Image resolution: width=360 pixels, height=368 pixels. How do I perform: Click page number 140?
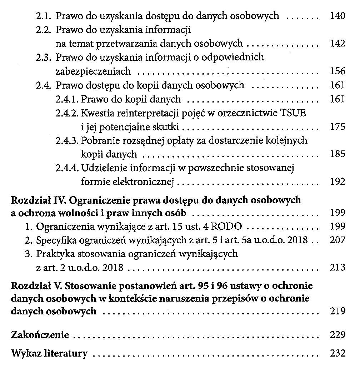point(337,16)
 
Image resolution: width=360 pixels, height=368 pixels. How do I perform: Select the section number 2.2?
point(45,30)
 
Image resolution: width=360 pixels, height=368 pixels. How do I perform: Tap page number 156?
point(337,71)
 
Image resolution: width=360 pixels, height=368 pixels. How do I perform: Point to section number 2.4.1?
point(67,99)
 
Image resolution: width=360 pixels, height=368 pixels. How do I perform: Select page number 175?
point(337,127)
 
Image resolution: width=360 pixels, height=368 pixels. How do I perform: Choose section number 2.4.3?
point(67,140)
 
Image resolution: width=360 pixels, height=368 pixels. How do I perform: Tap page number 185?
point(337,154)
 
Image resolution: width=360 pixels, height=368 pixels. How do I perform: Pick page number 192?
point(337,182)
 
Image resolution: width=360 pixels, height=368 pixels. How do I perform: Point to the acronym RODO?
point(230,227)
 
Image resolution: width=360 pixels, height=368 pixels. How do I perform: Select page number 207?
point(337,240)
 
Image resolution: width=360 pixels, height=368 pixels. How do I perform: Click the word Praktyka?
point(54,254)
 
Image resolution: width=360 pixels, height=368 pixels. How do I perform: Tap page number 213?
point(337,268)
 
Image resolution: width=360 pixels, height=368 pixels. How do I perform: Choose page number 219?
point(337,311)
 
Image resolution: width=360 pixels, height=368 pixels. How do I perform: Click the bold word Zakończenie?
point(40,335)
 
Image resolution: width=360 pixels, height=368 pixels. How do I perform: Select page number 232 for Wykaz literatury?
point(337,354)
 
